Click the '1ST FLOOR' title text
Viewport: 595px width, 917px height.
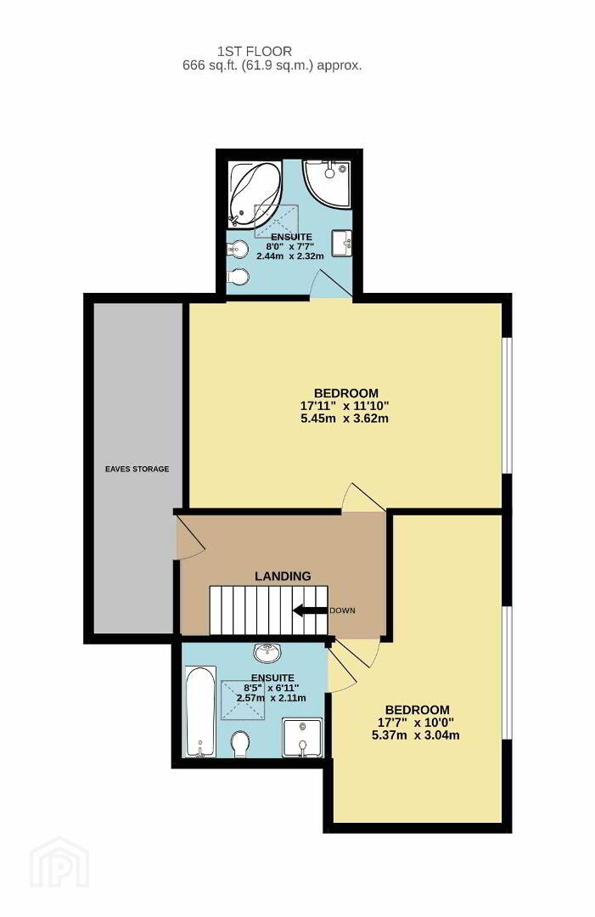(255, 52)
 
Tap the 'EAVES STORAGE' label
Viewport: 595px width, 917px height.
(138, 469)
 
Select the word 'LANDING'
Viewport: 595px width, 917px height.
(283, 576)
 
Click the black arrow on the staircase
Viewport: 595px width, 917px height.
(310, 610)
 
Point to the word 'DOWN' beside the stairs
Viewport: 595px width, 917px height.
(343, 610)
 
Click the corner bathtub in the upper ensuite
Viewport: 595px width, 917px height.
(252, 194)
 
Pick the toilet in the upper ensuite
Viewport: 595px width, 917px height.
(238, 276)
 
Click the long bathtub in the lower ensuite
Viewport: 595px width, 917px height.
(200, 712)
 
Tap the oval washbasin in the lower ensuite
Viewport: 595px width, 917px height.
(268, 651)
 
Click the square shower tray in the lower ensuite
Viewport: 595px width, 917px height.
(302, 738)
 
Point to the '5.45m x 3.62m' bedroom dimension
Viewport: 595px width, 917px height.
(345, 419)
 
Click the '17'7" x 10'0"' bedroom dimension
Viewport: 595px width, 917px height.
(416, 723)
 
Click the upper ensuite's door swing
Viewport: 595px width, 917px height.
(331, 284)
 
